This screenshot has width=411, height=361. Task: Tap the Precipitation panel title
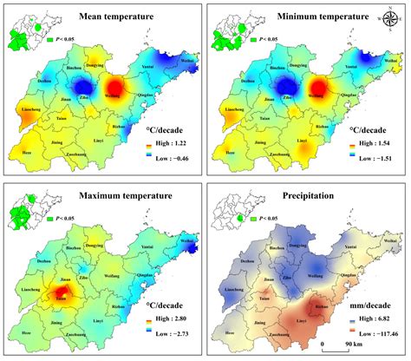coord(313,197)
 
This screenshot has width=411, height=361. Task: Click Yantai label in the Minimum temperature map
coord(352,65)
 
